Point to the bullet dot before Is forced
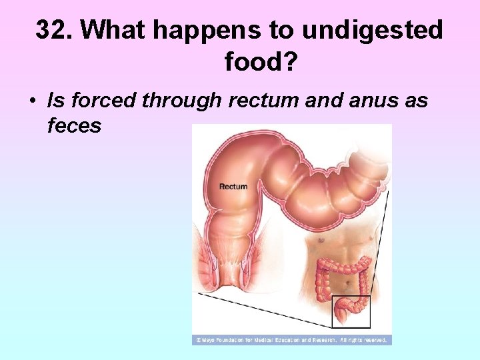click(x=32, y=102)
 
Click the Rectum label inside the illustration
click(x=233, y=187)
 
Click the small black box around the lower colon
click(x=351, y=312)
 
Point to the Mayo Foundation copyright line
click(x=291, y=340)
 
